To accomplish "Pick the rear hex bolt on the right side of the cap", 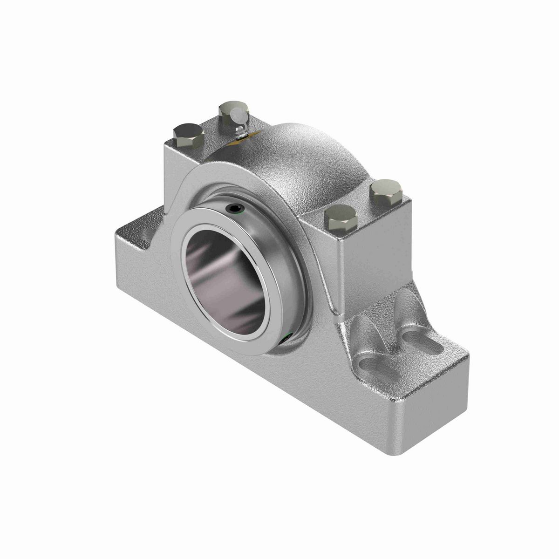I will point(385,191).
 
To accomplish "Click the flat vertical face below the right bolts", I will point(373,261).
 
